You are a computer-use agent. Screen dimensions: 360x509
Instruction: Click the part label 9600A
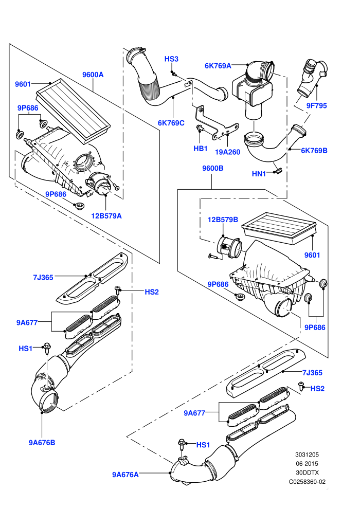[93, 75]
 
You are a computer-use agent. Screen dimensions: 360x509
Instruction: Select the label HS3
[171, 59]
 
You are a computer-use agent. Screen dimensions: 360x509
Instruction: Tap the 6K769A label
[218, 66]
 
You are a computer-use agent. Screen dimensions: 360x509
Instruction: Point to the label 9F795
[316, 105]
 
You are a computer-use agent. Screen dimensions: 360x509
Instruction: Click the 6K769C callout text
[171, 123]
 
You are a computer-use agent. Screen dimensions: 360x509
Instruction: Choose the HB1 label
[200, 149]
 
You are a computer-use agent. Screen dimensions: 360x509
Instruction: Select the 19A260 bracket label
[227, 152]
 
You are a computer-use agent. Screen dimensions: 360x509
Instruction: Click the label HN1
[259, 174]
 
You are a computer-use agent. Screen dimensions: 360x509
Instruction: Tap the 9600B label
[212, 168]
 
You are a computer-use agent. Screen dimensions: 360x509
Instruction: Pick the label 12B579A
[106, 216]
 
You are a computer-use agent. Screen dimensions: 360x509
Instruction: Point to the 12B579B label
[223, 220]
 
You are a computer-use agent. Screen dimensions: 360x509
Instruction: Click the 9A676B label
[42, 443]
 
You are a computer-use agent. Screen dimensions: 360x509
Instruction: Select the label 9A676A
[125, 475]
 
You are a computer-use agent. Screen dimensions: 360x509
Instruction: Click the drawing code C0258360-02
[307, 482]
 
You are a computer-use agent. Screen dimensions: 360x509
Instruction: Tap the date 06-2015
[307, 464]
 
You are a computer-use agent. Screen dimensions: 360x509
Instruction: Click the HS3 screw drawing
[174, 74]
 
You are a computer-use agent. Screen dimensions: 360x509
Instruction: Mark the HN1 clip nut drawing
[278, 170]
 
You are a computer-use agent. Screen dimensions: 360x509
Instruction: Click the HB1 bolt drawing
[200, 129]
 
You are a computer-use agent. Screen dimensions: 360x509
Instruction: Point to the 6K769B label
[314, 151]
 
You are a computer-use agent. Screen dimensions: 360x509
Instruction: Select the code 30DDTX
[307, 472]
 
